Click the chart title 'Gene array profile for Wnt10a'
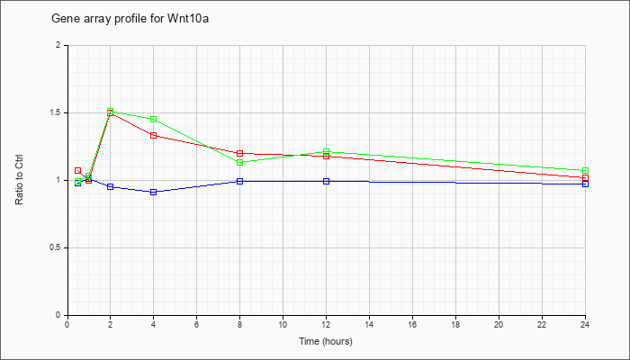click(130, 19)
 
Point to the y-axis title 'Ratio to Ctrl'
click(19, 179)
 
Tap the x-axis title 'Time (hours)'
click(326, 341)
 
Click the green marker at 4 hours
click(154, 120)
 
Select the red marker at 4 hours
click(154, 135)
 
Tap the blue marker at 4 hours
click(154, 192)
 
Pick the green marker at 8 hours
click(240, 162)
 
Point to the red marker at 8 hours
click(240, 153)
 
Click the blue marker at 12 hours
click(326, 181)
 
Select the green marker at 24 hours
click(585, 170)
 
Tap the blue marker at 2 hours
click(111, 187)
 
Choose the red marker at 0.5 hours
click(78, 170)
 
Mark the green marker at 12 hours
click(326, 151)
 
